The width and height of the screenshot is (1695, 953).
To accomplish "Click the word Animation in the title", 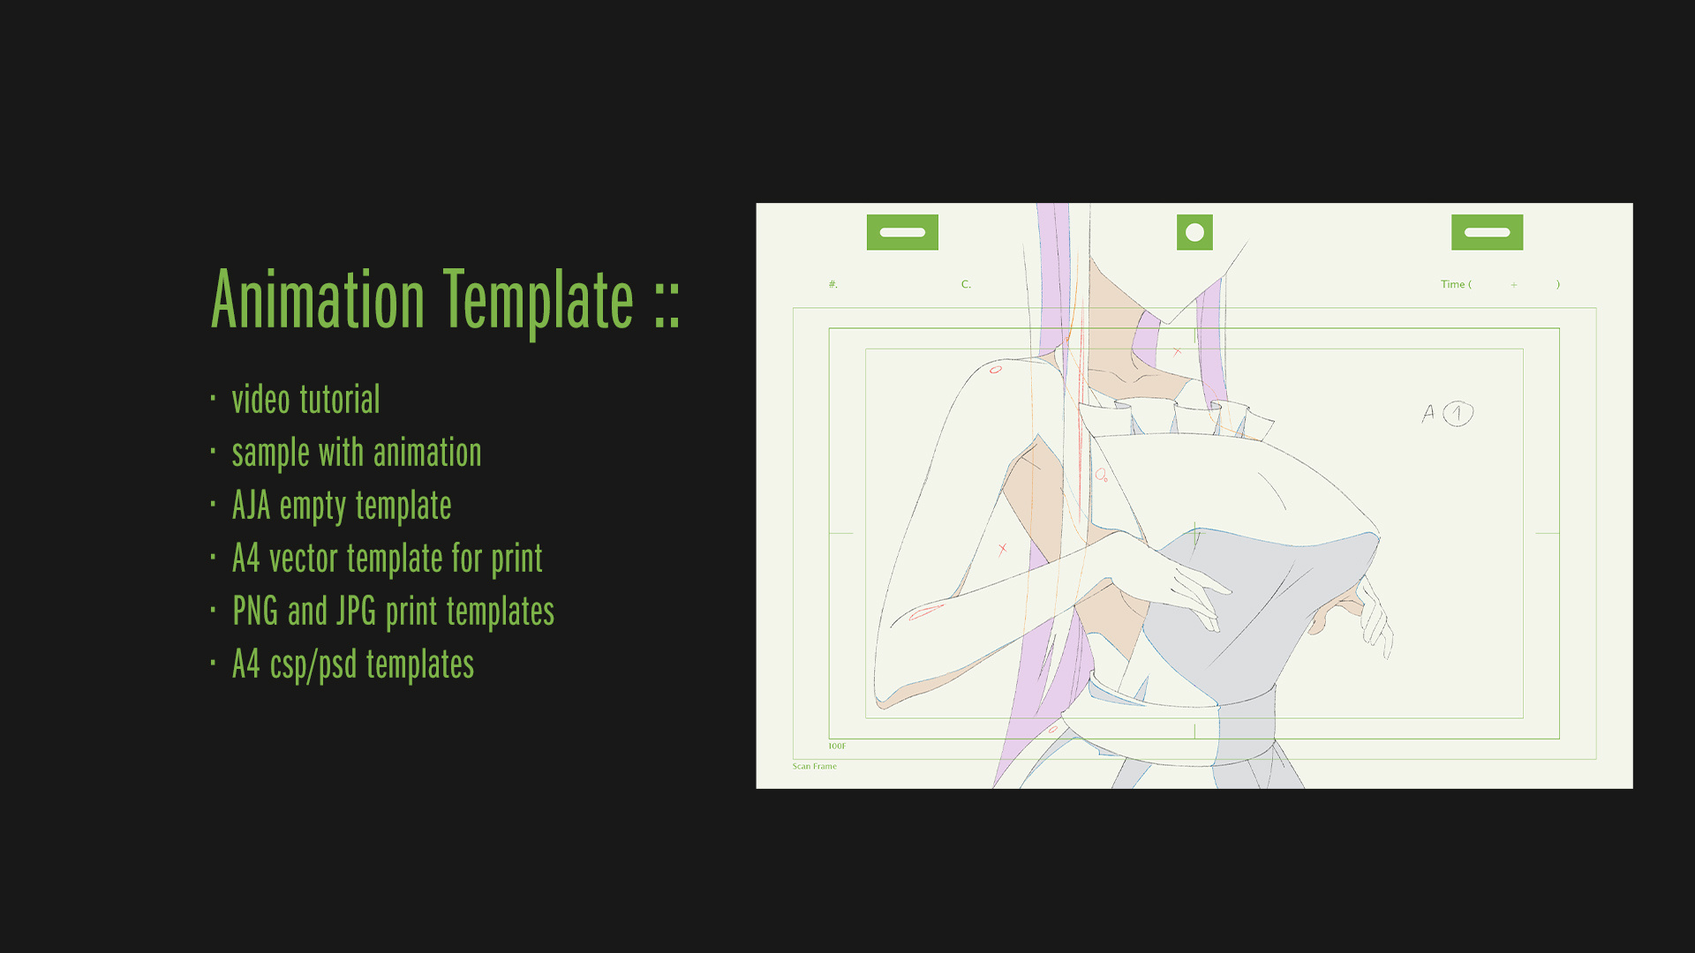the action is (x=318, y=300).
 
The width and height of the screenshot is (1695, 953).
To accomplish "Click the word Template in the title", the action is (x=539, y=300).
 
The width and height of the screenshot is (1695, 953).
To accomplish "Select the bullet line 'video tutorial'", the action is (x=305, y=400).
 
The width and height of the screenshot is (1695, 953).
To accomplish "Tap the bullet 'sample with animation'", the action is (x=357, y=453).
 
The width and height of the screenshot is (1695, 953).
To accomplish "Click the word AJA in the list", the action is (x=251, y=506).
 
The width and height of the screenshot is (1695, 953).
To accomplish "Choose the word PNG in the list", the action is (x=255, y=612).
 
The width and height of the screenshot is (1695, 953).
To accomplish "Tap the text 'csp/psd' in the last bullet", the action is (x=313, y=665).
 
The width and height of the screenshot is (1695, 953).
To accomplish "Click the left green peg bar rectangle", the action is (x=902, y=232).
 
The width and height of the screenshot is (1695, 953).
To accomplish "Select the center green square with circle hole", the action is (x=1194, y=232).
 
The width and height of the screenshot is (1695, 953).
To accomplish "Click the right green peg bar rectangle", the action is (x=1488, y=232).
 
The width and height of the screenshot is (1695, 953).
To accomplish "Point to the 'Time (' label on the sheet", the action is (x=1456, y=284).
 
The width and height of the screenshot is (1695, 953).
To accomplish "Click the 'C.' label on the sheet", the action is (x=966, y=284).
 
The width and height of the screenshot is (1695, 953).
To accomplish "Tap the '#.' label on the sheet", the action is (x=832, y=284).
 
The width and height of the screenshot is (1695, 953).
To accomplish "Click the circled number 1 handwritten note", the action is (x=1458, y=414).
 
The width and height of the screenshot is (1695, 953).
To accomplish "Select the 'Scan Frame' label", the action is (x=814, y=766).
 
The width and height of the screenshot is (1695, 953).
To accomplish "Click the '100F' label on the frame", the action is (x=837, y=747).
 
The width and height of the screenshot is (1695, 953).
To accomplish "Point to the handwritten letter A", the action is (x=1428, y=413).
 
